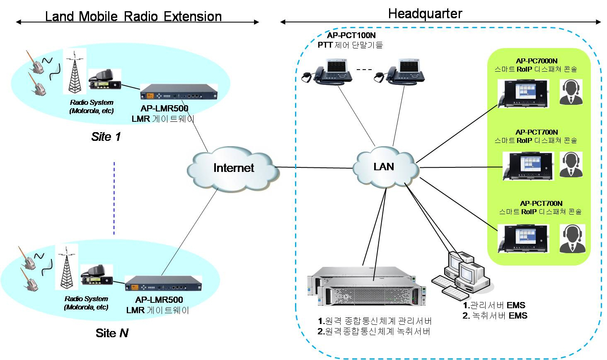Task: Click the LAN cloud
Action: [384, 167]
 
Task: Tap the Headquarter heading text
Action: [425, 14]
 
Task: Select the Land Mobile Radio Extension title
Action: [133, 17]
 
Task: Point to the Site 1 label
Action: [106, 137]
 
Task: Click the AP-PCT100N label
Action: [351, 35]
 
